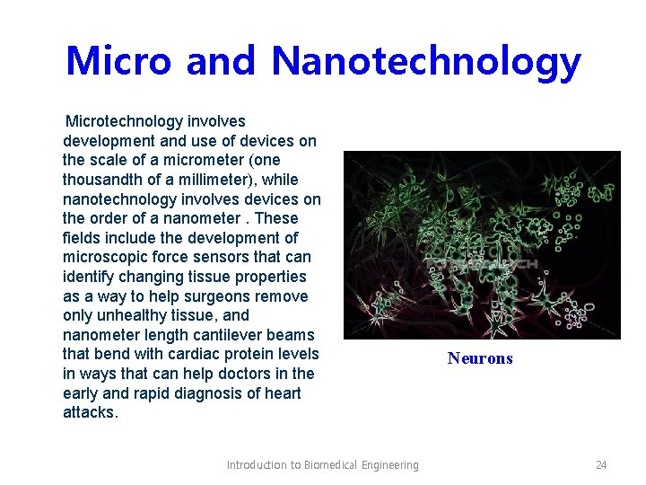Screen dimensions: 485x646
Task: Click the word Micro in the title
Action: [118, 61]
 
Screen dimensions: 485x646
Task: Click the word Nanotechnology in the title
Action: [426, 63]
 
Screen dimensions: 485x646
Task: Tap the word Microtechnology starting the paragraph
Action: [125, 121]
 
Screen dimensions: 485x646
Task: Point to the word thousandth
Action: [104, 180]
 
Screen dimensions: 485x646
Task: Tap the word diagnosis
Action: [206, 393]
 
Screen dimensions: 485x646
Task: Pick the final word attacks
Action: [90, 413]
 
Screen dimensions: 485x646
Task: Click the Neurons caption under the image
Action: [480, 358]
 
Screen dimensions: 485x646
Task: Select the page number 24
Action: [601, 464]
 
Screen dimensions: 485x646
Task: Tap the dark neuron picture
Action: [482, 244]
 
